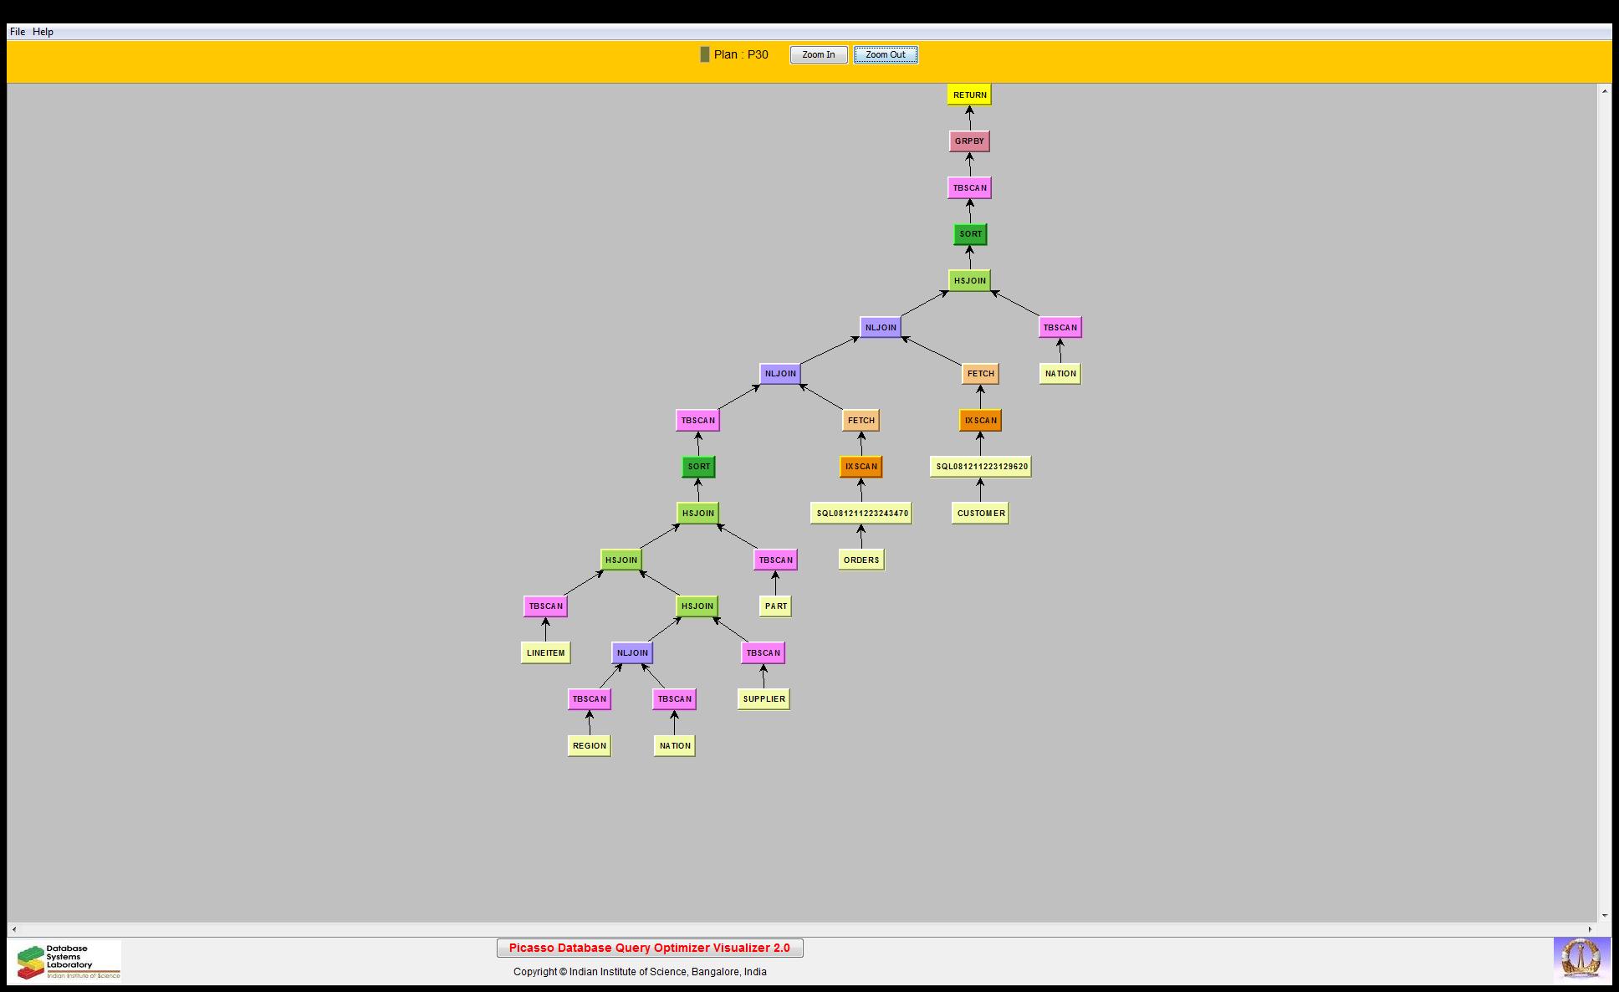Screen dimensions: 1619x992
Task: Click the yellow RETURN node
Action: click(969, 95)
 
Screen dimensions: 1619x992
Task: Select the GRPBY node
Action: click(969, 141)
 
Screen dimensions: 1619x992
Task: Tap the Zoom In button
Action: click(819, 54)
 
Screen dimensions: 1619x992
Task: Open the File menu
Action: click(18, 32)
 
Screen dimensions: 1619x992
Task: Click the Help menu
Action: click(43, 32)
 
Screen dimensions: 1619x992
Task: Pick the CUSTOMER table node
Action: click(980, 513)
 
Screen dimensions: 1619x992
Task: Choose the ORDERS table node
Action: click(861, 560)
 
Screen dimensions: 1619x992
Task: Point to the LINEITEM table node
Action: click(545, 652)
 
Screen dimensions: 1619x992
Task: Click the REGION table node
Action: click(590, 745)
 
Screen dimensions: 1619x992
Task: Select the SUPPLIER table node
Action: click(764, 698)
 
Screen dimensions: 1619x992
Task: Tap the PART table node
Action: click(775, 606)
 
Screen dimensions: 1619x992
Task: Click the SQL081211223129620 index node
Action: click(981, 466)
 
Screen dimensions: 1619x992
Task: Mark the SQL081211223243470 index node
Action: click(861, 513)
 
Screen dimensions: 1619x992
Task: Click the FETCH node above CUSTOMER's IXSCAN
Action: click(980, 373)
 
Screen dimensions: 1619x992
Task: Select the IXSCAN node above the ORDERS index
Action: click(861, 466)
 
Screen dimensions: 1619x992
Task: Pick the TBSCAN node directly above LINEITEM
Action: click(545, 606)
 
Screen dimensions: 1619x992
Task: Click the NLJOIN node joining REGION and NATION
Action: click(632, 652)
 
